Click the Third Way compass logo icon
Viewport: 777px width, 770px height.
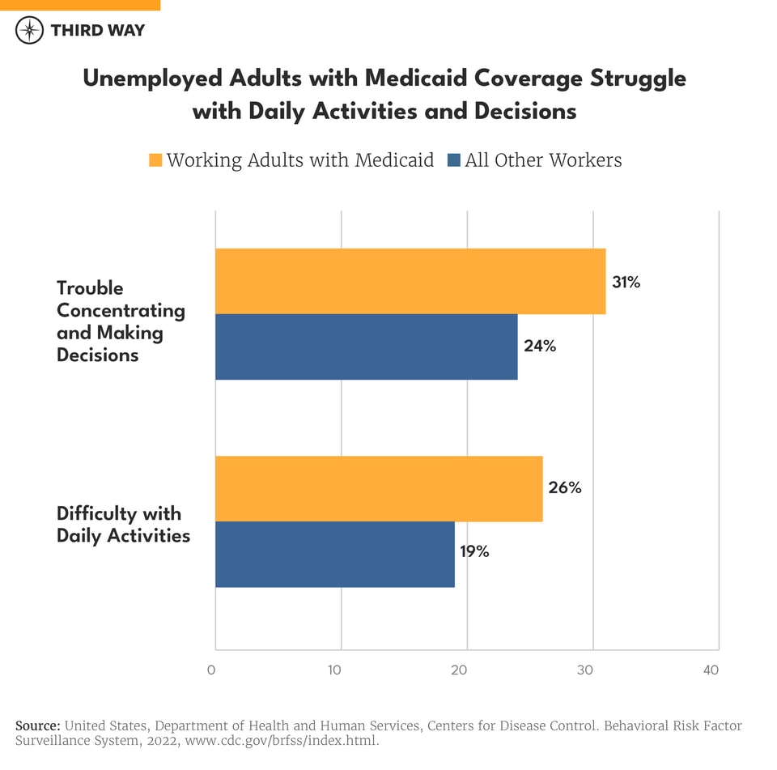pos(30,31)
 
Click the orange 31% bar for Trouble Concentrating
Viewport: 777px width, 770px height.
pos(410,281)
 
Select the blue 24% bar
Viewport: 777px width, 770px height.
pos(366,347)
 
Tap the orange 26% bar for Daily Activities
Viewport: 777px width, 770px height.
pos(379,488)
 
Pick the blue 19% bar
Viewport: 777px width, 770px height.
pos(334,554)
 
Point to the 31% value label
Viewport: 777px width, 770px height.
pos(626,283)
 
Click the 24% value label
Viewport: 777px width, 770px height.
pos(539,347)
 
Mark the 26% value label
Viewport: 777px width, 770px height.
pos(564,488)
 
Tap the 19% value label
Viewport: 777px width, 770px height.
pos(474,552)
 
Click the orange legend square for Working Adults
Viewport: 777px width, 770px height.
pos(155,160)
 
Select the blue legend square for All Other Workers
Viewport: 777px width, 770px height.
pos(452,160)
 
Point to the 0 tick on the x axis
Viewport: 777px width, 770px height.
pos(211,670)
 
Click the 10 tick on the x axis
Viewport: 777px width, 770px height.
pos(334,670)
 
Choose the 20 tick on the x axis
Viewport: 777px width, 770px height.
pos(460,670)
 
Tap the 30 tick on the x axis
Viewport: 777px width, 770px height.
pos(585,670)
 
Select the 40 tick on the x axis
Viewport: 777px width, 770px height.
pos(711,670)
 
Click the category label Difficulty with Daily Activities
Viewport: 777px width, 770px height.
pos(123,525)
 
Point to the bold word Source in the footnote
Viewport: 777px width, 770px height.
pos(37,725)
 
